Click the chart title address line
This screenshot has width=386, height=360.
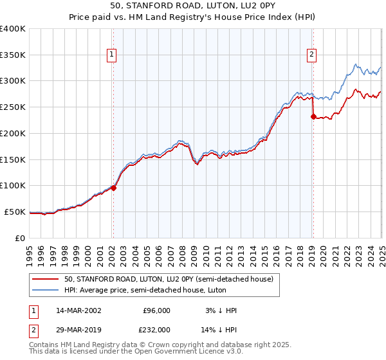(x=192, y=6)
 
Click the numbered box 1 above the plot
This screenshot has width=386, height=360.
(x=112, y=55)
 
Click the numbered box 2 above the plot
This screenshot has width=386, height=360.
(x=311, y=55)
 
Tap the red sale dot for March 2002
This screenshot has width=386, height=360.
(x=113, y=188)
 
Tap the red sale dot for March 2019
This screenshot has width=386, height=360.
(x=313, y=116)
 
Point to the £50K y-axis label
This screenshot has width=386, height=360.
(x=15, y=212)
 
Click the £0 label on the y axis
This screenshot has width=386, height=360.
(x=21, y=238)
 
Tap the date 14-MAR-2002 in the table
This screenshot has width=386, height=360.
(x=79, y=310)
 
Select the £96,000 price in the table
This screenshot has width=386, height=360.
(x=156, y=310)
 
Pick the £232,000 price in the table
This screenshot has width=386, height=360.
(x=156, y=330)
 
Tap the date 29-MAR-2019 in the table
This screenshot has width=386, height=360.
(x=79, y=330)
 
